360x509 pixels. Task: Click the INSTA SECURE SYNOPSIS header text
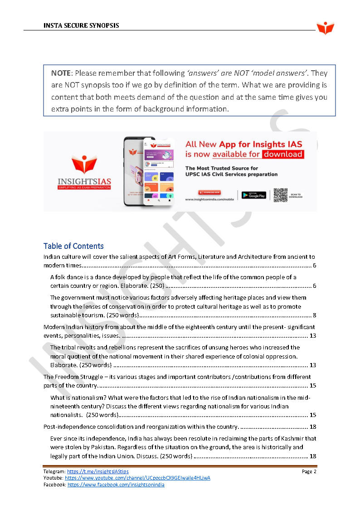tap(81, 25)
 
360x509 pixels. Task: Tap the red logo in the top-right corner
tap(325, 28)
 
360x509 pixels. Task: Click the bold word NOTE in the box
tap(61, 73)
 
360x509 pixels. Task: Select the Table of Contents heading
tap(73, 246)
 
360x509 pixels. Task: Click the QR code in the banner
tap(280, 195)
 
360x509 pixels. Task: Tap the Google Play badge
tap(253, 195)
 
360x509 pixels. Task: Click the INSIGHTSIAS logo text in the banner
tap(84, 182)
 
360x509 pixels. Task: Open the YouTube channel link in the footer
tap(137, 478)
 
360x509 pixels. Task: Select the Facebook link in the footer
tap(116, 485)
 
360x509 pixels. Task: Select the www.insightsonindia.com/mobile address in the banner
tap(209, 199)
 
